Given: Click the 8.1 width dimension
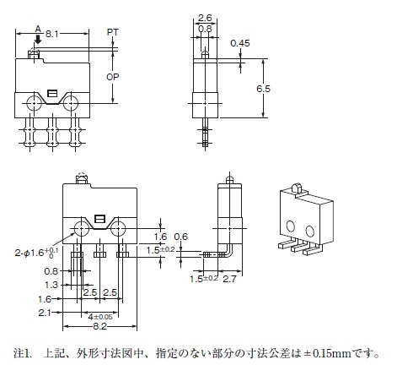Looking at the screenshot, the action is pos(51,34).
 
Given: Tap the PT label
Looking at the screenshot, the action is pos(112,32).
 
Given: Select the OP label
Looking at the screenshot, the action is pos(112,77).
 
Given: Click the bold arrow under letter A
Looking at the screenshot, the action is pos(38,39).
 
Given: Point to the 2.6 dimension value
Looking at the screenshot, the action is pos(205,18).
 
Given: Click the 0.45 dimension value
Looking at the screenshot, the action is pos(240,43).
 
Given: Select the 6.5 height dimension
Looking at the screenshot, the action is pos(263,89).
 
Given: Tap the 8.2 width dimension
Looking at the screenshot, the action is pos(99,326).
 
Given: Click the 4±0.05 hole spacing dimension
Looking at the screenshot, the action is pos(100,317).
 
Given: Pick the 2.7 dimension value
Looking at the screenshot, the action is pos(229,279).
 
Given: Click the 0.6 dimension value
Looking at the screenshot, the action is pos(180,237).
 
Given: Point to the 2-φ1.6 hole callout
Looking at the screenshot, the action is pos(36,252).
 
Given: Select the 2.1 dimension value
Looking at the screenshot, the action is pos(45,313).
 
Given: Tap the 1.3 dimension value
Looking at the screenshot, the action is pos(51,285).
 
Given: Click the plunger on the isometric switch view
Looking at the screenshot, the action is pos(297,188).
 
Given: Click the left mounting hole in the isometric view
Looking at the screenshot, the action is pos(291,226).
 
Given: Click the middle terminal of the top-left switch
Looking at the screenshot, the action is pos(52,133).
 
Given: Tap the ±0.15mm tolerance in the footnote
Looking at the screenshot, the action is pos(327,353).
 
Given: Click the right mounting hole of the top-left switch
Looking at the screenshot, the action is pos(71,103).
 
